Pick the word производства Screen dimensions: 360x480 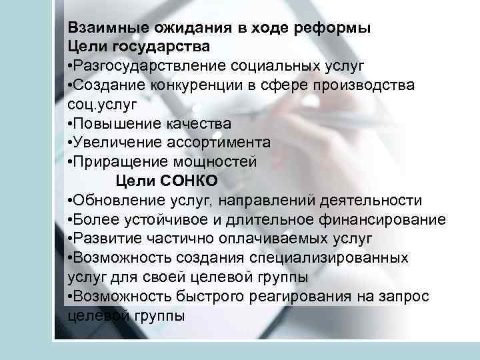tap(370, 86)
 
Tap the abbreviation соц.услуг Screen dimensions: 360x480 tap(98, 105)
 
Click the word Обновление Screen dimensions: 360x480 tap(124, 201)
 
